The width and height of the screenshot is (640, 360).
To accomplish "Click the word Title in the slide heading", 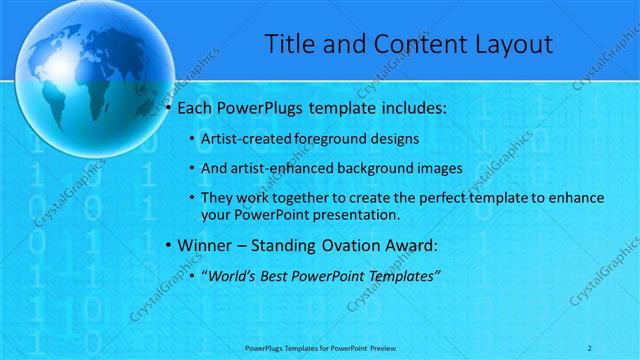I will tap(289, 44).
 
